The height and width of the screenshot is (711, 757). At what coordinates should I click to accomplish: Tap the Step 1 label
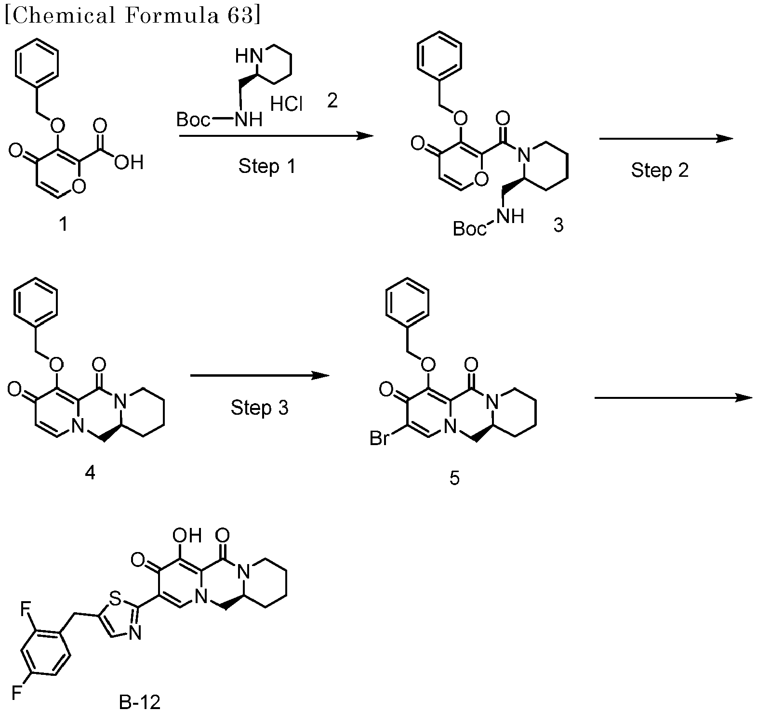tap(267, 166)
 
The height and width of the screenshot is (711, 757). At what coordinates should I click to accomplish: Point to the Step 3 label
tap(259, 408)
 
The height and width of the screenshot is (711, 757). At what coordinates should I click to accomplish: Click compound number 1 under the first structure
tap(63, 224)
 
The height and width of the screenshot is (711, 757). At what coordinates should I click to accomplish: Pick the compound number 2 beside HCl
tap(332, 101)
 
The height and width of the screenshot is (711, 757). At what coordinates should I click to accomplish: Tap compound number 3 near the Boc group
tap(558, 224)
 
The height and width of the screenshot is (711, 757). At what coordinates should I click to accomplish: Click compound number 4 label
tap(90, 473)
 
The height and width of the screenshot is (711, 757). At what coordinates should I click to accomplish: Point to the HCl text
tap(286, 104)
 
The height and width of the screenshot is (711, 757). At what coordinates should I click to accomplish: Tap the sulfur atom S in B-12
tap(115, 598)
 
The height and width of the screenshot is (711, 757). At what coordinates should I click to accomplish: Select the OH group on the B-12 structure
tap(187, 535)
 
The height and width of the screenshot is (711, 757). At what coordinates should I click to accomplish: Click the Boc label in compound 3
tap(470, 229)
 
